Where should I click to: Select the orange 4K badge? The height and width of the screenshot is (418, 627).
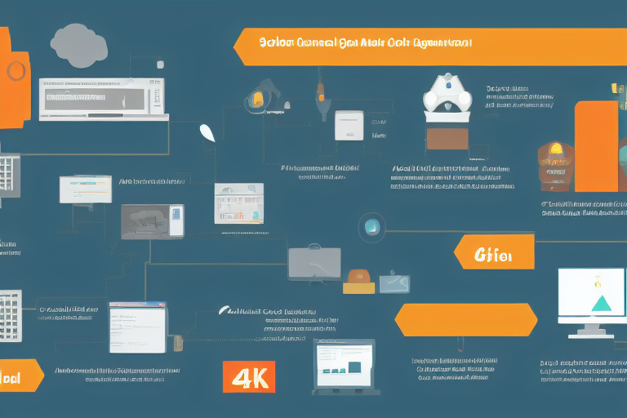(x=248, y=377)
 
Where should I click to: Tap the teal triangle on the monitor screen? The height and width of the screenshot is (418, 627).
(x=602, y=304)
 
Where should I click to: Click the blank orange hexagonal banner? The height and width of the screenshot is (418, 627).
(x=465, y=320)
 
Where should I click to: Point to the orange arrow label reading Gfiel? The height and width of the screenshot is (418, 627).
(x=494, y=252)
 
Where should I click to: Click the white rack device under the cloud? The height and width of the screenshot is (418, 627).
(x=101, y=98)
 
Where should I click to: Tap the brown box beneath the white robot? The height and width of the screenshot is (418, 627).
(x=447, y=140)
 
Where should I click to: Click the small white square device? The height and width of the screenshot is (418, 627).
(x=349, y=126)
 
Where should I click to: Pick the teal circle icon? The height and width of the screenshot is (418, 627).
(x=372, y=225)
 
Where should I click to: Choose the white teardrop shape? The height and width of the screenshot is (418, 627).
(x=207, y=132)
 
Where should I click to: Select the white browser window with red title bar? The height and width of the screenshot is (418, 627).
(x=137, y=327)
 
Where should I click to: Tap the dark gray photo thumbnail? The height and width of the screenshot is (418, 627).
(x=152, y=221)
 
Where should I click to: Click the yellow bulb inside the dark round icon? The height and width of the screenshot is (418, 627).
(x=258, y=100)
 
